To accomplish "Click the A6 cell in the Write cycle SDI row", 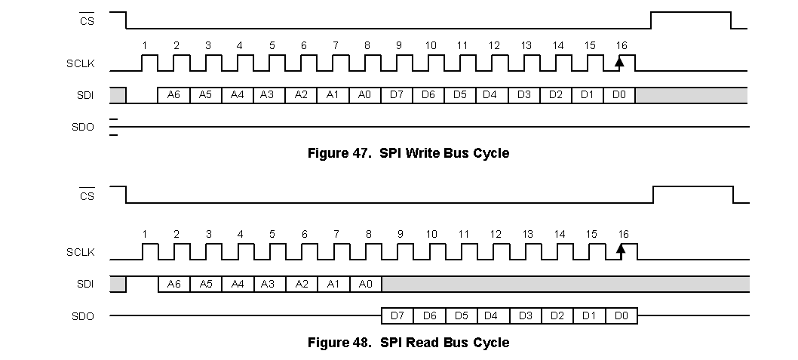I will coord(173,95).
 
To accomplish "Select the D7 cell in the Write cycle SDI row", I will coord(397,95).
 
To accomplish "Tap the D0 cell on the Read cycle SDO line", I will coord(621,315).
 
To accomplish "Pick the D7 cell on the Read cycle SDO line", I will coord(397,315).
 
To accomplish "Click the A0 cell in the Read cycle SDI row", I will coord(366,284).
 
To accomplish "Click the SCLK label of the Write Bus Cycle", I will coord(80,63).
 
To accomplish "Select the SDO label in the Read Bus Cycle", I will coord(82,316).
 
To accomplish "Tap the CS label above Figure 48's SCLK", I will coord(87,196).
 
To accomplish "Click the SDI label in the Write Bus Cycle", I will coord(84,95).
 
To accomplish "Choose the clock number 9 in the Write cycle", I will coord(398,45).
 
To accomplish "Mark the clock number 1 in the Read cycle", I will coord(144,234).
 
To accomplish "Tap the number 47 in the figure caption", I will coord(358,153).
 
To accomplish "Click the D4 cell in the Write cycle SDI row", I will coord(490,95).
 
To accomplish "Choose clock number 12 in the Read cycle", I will coord(495,234).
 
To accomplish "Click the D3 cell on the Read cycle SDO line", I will coord(525,315).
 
